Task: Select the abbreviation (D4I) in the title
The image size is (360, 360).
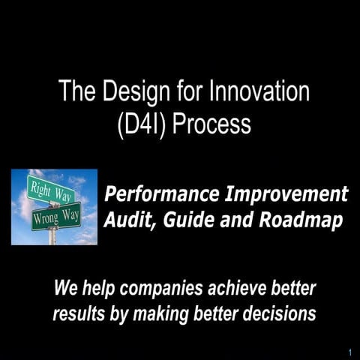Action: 143,123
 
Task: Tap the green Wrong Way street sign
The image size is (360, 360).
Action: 56,217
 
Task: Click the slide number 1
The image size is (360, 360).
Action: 350,352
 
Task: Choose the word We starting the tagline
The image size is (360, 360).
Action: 66,289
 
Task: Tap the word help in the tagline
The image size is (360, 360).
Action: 100,289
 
